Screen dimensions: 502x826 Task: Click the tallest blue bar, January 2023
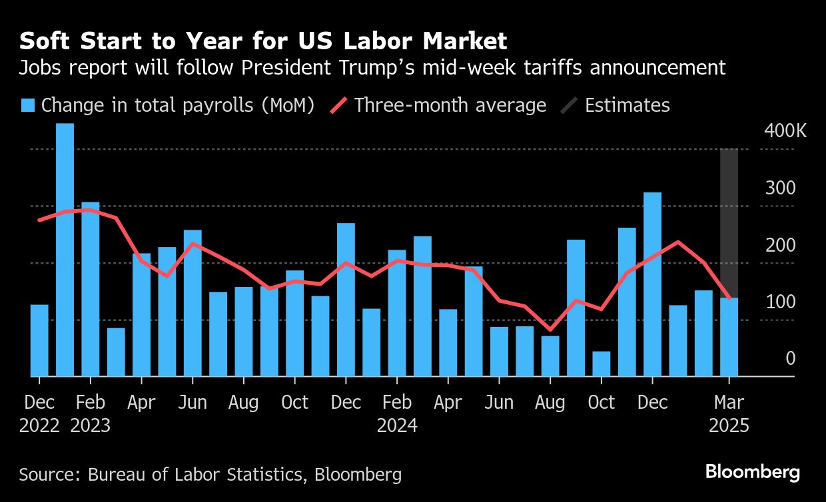tap(65, 250)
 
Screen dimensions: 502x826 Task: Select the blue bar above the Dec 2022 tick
tap(39, 340)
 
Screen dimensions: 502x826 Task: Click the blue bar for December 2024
tap(652, 284)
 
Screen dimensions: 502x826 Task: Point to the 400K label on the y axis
tap(785, 131)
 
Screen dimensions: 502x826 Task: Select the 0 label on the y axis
tap(790, 360)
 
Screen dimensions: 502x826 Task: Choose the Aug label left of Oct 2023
tap(243, 403)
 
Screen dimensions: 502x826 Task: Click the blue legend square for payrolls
tap(27, 106)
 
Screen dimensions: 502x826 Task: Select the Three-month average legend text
tap(450, 106)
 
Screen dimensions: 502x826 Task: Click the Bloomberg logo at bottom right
tap(753, 473)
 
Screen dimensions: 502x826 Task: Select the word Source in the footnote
tap(47, 475)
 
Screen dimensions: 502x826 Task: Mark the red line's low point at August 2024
tap(550, 329)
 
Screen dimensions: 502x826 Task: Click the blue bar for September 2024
tap(576, 308)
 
